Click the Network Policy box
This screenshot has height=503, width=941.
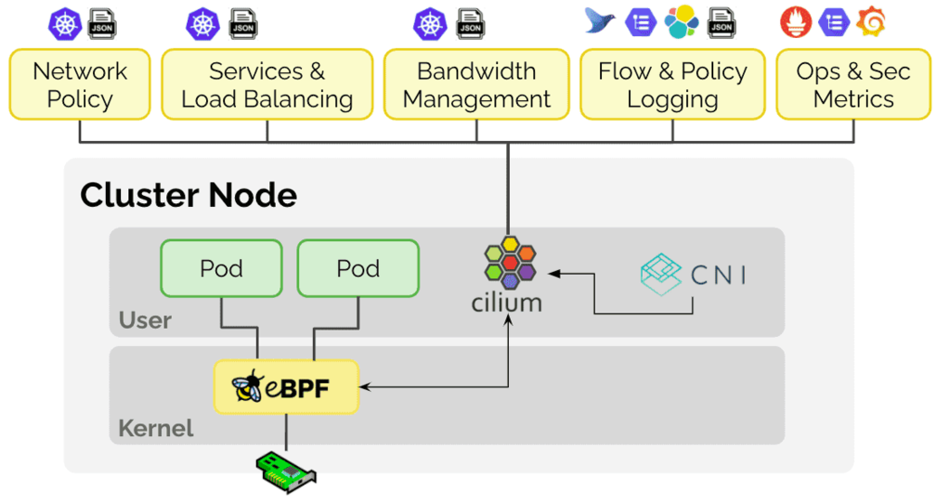coord(80,85)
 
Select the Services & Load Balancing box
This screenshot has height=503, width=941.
coord(267,85)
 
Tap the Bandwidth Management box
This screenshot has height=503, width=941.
coord(476,85)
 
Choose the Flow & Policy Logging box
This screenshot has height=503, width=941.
coord(672,85)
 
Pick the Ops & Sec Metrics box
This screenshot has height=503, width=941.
coord(853,85)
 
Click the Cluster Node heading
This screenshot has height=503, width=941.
coord(188,195)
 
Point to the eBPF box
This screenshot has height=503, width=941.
coord(287,387)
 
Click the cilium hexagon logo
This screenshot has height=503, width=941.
coord(508,261)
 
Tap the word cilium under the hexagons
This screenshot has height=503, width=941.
coord(507,303)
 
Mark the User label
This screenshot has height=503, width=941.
coord(145,320)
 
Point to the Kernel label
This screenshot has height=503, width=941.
coord(156,427)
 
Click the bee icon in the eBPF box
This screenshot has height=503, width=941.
coord(247,387)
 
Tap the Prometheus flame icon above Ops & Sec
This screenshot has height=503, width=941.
coord(795,23)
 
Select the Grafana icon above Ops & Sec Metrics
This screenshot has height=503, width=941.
coord(871,23)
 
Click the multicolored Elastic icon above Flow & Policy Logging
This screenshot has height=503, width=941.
coord(682,23)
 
